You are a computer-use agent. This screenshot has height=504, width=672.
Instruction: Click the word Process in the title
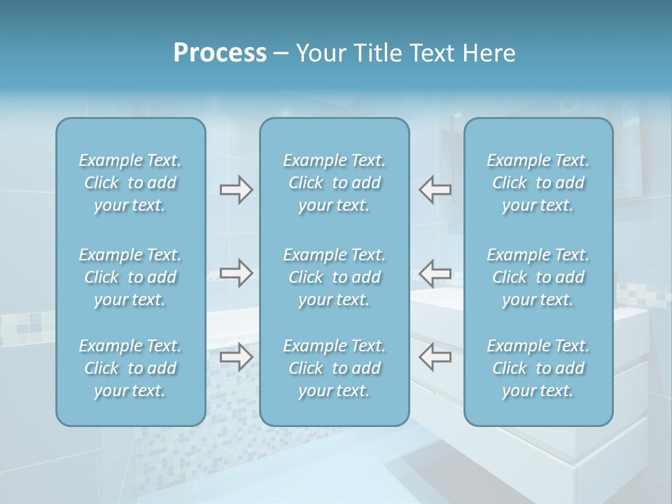[x=220, y=53]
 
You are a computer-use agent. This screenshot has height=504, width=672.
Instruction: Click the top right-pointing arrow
[x=236, y=190]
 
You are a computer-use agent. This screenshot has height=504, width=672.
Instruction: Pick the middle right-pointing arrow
[x=236, y=273]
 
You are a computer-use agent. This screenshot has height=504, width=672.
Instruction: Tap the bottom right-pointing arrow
[x=236, y=357]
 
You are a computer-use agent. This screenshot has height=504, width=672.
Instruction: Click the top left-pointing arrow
[x=435, y=190]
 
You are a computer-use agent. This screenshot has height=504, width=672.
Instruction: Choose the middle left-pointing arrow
[x=435, y=273]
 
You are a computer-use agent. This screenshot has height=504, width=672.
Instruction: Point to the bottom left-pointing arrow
[x=435, y=357]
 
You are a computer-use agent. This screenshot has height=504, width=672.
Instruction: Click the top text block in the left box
[x=130, y=183]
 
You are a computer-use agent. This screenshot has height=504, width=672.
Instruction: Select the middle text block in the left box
[x=130, y=277]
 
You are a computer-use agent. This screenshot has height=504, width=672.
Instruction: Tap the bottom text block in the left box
[x=130, y=368]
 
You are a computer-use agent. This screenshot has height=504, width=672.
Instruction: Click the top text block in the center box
[x=334, y=183]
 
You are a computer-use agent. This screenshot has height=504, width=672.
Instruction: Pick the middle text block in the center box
[x=334, y=277]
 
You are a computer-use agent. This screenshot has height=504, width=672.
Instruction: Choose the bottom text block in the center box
[x=334, y=368]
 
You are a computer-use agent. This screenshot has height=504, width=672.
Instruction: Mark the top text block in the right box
[x=538, y=183]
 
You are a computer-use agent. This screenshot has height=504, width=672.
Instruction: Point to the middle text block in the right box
[x=538, y=277]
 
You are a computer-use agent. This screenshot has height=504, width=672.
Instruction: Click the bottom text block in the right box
[x=538, y=368]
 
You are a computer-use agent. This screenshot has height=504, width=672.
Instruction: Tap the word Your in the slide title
[x=318, y=53]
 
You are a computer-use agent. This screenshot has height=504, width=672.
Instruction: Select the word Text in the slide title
[x=429, y=53]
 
